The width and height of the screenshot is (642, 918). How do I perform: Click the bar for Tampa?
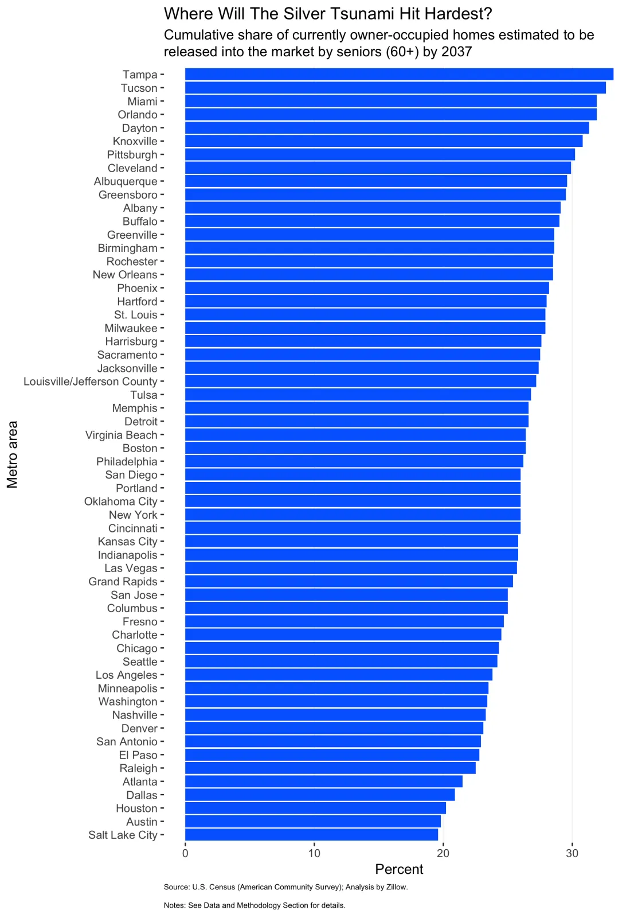pos(399,75)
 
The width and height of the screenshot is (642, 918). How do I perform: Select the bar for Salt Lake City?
pos(311,835)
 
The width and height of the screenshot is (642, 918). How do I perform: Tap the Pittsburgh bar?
pos(379,154)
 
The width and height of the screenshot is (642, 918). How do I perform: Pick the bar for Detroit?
pos(357,422)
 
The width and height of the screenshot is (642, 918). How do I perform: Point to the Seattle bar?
pos(341,662)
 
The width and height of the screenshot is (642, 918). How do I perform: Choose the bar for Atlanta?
pos(323,781)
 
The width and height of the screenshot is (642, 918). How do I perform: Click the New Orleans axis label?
pos(125,275)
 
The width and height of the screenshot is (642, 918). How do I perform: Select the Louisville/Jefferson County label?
pos(91,382)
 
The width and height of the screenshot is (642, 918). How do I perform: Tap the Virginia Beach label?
pos(121,435)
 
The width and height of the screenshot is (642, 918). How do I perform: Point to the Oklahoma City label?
pos(120,501)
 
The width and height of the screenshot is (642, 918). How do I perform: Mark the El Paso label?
pos(138,755)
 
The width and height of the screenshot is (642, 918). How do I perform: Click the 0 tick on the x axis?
pos(185,853)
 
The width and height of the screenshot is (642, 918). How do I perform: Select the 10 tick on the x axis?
pos(314,853)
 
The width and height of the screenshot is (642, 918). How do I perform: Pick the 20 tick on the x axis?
pos(443,853)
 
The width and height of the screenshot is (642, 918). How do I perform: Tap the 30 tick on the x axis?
pos(572,853)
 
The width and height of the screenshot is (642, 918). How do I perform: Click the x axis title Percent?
pos(399,869)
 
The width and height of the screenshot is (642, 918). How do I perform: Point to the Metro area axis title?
pos(13,454)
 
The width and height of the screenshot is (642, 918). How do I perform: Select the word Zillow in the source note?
pos(396,887)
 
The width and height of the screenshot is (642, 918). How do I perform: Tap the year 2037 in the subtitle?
pos(456,52)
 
